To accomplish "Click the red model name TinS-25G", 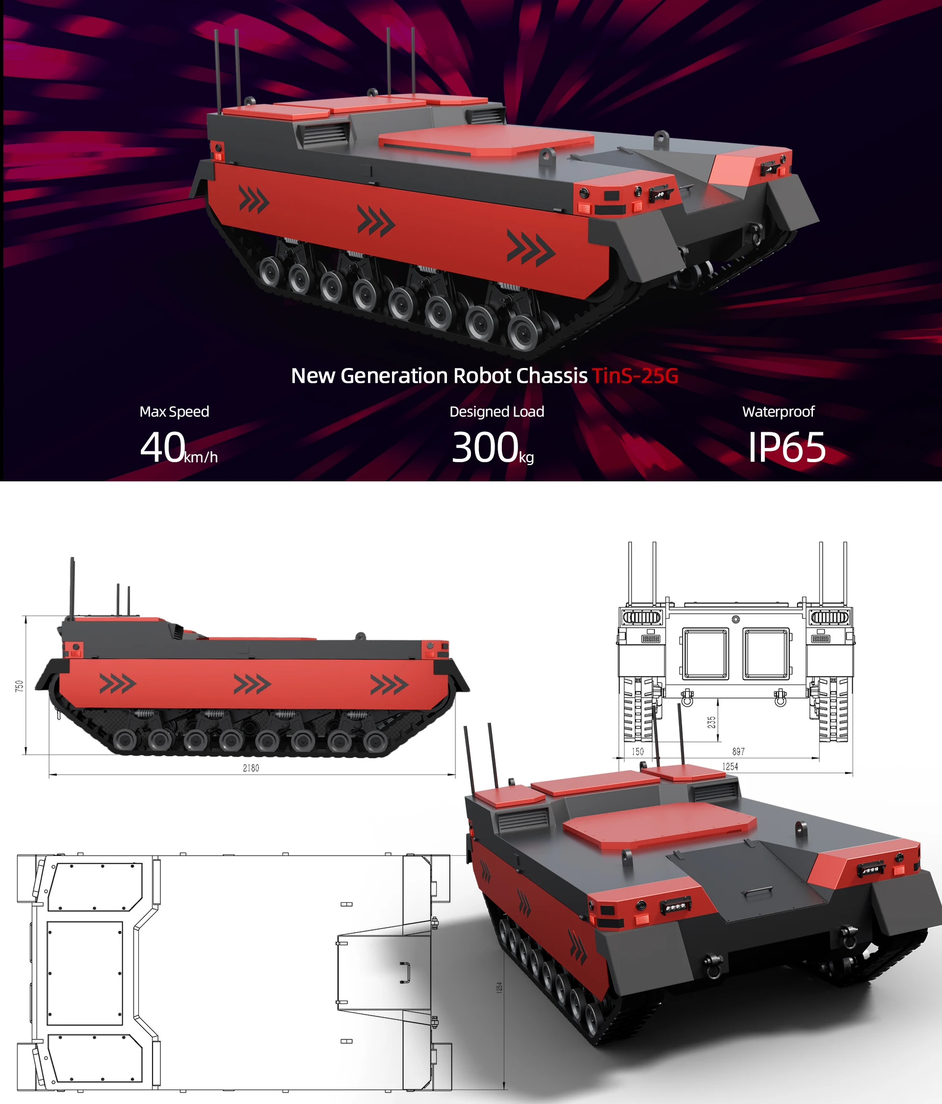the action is (x=634, y=376).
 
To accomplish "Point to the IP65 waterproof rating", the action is (x=787, y=447).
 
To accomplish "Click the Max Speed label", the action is (x=174, y=411).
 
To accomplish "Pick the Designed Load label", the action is (x=497, y=411).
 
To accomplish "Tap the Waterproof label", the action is (x=779, y=411).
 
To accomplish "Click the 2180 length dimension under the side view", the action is (x=251, y=768).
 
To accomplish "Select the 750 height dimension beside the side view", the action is (x=20, y=686).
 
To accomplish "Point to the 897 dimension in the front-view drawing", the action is (x=738, y=751).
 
